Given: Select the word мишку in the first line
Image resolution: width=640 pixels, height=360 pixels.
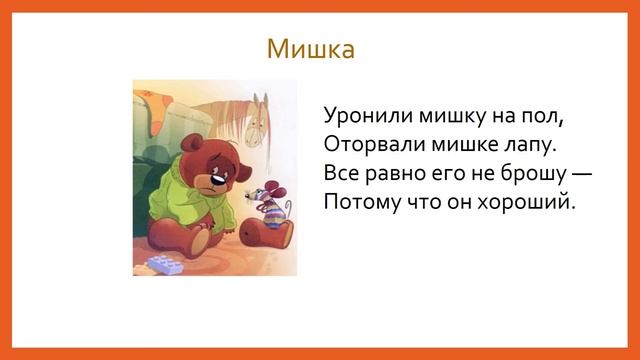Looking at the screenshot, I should (x=443, y=115).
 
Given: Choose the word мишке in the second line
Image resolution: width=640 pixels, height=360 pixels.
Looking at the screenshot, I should (x=456, y=144).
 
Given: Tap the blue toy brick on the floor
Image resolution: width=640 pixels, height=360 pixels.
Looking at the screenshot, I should (x=163, y=264).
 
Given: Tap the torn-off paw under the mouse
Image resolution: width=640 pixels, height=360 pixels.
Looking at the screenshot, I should (x=268, y=233).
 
